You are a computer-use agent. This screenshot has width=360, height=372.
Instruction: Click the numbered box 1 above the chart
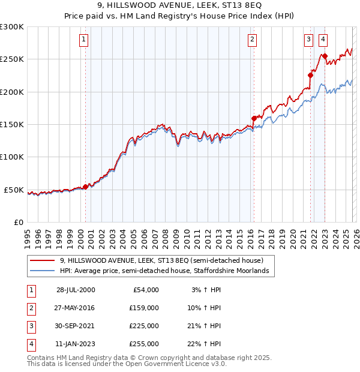pyautogui.click(x=83, y=40)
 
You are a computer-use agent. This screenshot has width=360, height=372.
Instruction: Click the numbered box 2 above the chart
pyautogui.click(x=251, y=40)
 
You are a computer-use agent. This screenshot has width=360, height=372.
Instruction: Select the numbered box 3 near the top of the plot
pyautogui.click(x=308, y=40)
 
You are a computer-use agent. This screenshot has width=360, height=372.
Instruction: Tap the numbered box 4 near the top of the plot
pyautogui.click(x=323, y=40)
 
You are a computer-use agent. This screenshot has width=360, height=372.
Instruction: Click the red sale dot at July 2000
pyautogui.click(x=85, y=187)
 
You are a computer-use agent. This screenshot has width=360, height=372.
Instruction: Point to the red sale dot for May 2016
pyautogui.click(x=254, y=118)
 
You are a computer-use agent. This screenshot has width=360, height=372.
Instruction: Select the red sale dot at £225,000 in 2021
pyautogui.click(x=311, y=75)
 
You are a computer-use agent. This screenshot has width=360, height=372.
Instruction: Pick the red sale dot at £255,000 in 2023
pyautogui.click(x=325, y=56)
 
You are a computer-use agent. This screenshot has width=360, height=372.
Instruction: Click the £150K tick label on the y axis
pyautogui.click(x=12, y=124)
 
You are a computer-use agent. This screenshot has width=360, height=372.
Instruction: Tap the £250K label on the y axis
pyautogui.click(x=12, y=59)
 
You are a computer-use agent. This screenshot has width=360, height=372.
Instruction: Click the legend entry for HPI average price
pyautogui.click(x=167, y=271)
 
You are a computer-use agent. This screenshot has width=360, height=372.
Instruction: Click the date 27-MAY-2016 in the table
pyautogui.click(x=75, y=307)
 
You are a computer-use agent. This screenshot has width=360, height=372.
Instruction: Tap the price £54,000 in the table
pyautogui.click(x=144, y=289)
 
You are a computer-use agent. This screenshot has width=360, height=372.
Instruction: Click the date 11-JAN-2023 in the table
pyautogui.click(x=75, y=344)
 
